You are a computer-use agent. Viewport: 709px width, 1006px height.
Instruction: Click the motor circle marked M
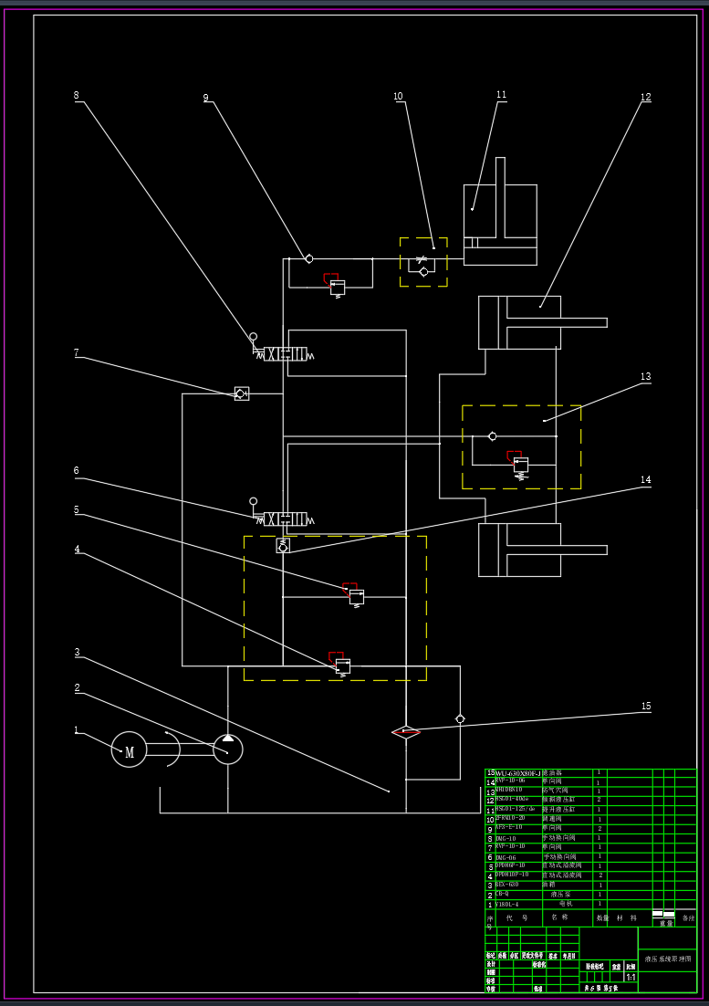click(130, 750)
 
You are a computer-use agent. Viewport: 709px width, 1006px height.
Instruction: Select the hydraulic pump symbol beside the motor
click(228, 749)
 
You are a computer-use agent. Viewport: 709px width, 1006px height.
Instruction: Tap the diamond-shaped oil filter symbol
click(406, 732)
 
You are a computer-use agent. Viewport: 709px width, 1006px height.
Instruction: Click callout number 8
click(77, 96)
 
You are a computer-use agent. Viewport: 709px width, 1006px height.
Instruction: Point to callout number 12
click(645, 98)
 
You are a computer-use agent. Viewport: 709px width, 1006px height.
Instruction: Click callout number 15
click(646, 707)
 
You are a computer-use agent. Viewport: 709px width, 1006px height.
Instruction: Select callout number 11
click(501, 95)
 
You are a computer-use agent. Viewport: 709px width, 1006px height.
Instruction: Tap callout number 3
click(77, 653)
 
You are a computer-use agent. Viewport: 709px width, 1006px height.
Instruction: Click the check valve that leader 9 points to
click(309, 259)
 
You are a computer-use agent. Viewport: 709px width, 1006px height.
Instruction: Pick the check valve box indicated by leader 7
click(242, 393)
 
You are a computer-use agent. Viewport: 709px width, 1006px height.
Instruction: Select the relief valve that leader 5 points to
click(356, 597)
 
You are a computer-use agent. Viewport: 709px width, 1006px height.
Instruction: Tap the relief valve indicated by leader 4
click(342, 666)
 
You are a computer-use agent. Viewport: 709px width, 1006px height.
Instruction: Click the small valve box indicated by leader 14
click(283, 545)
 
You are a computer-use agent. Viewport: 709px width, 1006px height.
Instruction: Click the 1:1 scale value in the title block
click(631, 977)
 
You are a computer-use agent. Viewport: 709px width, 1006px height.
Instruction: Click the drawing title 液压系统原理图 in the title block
click(668, 959)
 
